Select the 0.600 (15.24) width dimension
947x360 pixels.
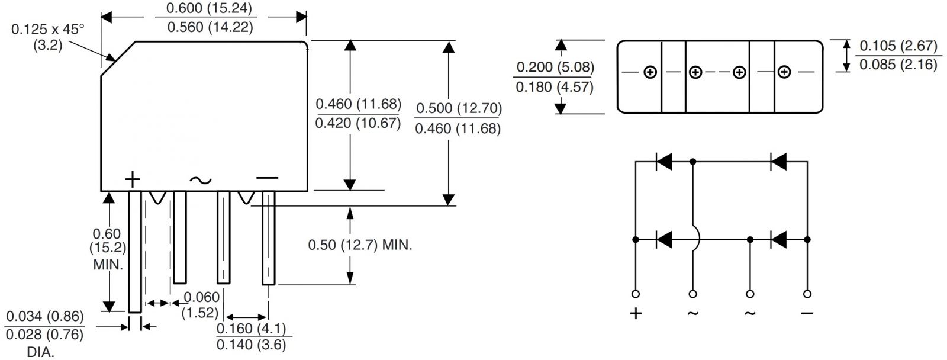coord(209,8)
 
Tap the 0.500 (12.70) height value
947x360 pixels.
coord(459,108)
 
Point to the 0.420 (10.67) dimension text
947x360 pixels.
coord(358,124)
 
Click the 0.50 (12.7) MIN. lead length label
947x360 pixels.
coord(360,245)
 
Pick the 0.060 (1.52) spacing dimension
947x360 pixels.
coord(201,304)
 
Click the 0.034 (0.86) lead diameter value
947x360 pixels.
coord(44,317)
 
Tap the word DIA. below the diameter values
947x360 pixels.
coord(40,352)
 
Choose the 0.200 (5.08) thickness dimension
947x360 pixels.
coord(555,67)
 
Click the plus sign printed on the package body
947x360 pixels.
coord(133,179)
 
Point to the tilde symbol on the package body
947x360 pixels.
coord(201,180)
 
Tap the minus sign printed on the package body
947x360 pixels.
coord(267,178)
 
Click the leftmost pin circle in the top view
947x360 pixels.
coord(650,73)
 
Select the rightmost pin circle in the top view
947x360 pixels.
coord(784,73)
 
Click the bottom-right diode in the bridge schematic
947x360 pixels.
coord(778,240)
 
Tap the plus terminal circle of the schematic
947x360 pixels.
coord(636,294)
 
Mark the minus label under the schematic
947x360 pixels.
coord(807,313)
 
